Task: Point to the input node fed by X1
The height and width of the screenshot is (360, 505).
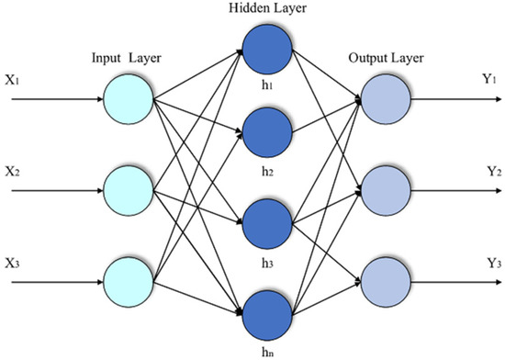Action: click(128, 96)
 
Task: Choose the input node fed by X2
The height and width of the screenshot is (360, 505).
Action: click(128, 190)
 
